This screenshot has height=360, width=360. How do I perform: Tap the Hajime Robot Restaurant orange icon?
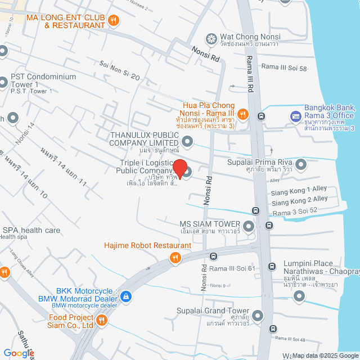pyautogui.click(x=175, y=258)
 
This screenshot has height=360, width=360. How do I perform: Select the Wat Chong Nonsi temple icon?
pyautogui.click(x=211, y=38)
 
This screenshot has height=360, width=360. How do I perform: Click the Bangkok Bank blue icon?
pyautogui.click(x=295, y=116)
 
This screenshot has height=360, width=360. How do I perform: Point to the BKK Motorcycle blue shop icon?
pyautogui.click(x=125, y=296)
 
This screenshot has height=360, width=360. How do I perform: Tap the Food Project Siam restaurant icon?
pyautogui.click(x=102, y=321)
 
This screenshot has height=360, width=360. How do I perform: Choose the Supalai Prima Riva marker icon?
pyautogui.click(x=301, y=164)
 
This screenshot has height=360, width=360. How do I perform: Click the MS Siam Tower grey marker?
pyautogui.click(x=249, y=226)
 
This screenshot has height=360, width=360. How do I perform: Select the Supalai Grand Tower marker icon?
pyautogui.click(x=258, y=315)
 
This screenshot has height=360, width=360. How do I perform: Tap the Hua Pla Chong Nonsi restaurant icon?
pyautogui.click(x=243, y=114)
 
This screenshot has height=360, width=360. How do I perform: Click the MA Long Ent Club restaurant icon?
pyautogui.click(x=114, y=21)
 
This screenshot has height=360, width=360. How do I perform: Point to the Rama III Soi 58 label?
pyautogui.click(x=284, y=68)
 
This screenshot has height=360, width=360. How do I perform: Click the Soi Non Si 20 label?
pyautogui.click(x=119, y=70)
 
